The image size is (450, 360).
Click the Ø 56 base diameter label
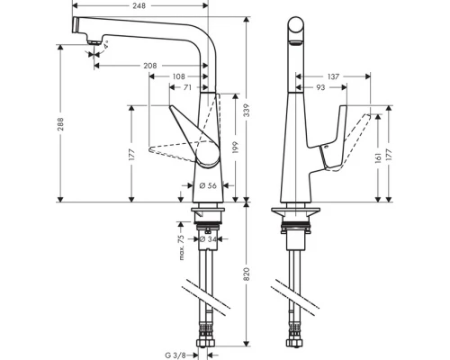(x=206, y=187)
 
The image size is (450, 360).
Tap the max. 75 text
(x=181, y=246)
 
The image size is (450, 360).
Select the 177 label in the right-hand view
(x=389, y=155)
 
